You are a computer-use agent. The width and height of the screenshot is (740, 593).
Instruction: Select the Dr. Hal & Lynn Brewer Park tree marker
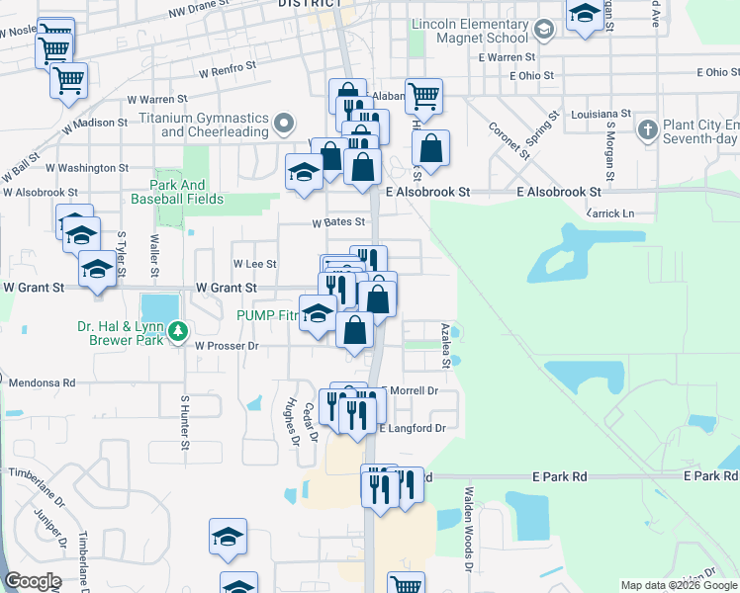[178, 331]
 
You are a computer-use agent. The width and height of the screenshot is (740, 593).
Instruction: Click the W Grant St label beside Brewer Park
[226, 288]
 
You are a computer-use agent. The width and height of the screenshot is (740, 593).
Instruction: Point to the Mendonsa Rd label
[42, 381]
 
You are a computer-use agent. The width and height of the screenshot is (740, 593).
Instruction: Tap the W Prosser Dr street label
[227, 346]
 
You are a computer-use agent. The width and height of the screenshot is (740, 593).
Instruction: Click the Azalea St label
[446, 345]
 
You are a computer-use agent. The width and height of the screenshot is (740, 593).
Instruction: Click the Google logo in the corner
[33, 581]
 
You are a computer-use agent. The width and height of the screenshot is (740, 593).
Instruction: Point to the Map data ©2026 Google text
[679, 585]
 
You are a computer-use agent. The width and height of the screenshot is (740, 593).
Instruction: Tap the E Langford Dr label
[414, 428]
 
